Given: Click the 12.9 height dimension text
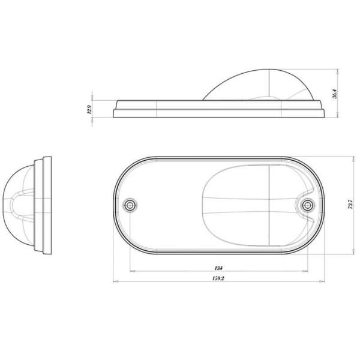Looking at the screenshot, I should click(88, 109).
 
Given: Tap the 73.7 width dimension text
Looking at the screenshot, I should click(349, 205).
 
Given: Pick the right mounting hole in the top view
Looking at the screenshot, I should click(307, 205).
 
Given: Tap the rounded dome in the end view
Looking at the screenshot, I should click(20, 204).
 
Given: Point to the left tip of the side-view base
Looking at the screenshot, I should click(112, 112).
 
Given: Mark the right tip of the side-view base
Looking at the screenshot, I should click(326, 112).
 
